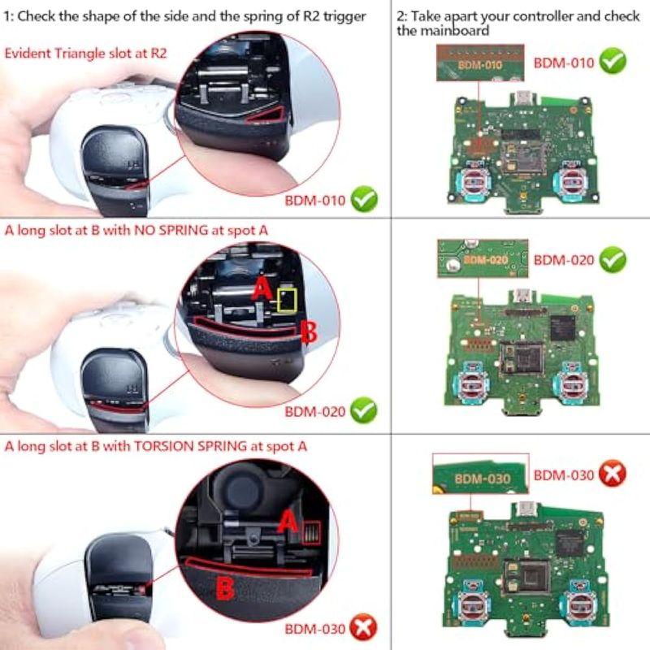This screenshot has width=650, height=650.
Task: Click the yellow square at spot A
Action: pos(287,300)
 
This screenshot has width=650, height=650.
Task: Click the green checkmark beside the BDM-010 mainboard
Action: pos(613,61)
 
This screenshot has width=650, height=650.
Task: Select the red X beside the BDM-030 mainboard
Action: pos(613,474)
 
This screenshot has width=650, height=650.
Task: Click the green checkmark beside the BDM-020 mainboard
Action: pos(613,259)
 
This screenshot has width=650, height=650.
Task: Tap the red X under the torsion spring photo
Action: pos(363,627)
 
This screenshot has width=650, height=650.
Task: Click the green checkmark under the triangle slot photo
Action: pos(364,199)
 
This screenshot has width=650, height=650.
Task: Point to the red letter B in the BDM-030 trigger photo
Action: pos(225,588)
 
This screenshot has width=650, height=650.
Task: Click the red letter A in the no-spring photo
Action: pos(262,288)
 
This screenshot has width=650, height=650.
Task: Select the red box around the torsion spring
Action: pos(311,533)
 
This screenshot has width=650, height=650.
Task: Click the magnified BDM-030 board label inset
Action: pos(480,474)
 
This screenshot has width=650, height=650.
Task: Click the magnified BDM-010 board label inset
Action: pos(480,63)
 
